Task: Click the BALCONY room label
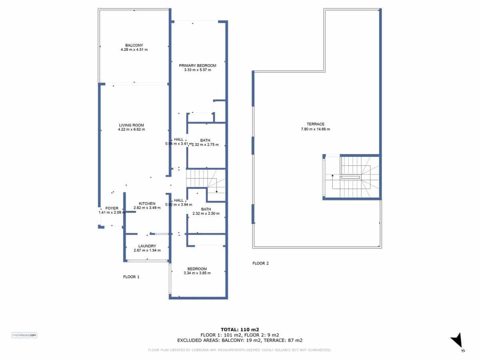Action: coord(134,45)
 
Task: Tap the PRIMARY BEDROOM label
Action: coord(197,66)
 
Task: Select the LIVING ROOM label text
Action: coord(131,125)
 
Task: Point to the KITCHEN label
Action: coord(147,204)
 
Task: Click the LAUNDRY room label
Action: coord(147,246)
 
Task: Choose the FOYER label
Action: coord(112,208)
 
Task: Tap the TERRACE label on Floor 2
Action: coord(315,124)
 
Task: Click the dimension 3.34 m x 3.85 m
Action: coord(197,273)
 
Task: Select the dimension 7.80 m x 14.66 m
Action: coord(315,129)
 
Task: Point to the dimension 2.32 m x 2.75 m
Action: coord(206,144)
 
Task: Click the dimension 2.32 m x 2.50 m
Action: coord(206,214)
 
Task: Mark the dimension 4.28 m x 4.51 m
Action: coord(134,50)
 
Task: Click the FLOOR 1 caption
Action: coord(131,277)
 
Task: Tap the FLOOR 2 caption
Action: coord(260,263)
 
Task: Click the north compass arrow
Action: coord(457,341)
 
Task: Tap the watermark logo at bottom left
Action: coord(24,335)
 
